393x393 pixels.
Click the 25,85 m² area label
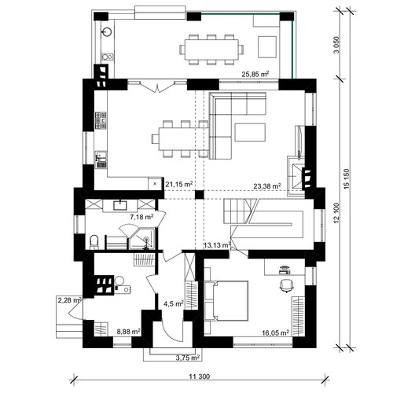coord(255,74)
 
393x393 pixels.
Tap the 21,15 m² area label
coord(179,184)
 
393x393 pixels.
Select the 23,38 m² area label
coord(267,186)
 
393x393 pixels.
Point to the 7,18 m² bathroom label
coord(141,217)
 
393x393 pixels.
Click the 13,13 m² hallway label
coord(217,245)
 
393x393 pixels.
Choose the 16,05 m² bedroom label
coord(276,332)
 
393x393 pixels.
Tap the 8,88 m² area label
coord(128,332)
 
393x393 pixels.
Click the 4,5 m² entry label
coord(174,304)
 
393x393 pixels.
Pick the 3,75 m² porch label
coord(188,358)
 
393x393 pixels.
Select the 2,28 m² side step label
coord(69,300)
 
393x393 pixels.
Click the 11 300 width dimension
coord(200,376)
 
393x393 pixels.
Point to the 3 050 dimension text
coord(336,45)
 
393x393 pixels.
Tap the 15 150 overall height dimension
coord(347,179)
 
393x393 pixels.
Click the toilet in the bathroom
coord(94,242)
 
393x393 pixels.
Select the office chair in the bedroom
coord(287,285)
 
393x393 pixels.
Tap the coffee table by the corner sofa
coord(250,132)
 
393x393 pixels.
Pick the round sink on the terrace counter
coord(107,31)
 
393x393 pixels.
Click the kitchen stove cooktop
coord(101,120)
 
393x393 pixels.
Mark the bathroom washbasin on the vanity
coord(120,204)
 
